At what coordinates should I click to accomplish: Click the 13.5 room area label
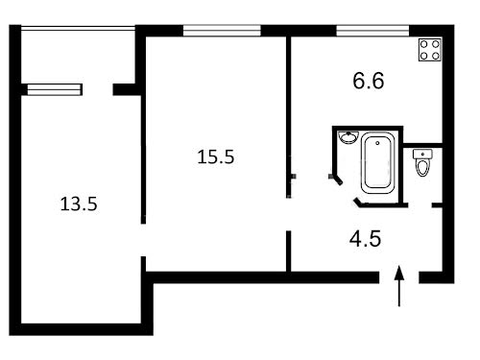pos(79,204)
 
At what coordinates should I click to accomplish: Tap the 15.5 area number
pos(216,156)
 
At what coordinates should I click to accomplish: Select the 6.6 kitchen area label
pos(369,81)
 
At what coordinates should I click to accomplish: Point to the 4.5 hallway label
pos(365,239)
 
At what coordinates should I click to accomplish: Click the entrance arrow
pos(399,286)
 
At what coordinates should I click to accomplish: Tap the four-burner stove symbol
pos(430,50)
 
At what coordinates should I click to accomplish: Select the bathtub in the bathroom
pos(377,163)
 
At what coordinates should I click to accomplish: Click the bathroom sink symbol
pos(348,137)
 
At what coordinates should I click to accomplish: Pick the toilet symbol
pos(422,162)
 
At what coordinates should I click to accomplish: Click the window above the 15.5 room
pos(222,31)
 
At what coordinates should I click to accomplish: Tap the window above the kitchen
pos(372,31)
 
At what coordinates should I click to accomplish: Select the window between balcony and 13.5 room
pos(55,89)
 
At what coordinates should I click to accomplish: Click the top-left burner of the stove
pos(424,44)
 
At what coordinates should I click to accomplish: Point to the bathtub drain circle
pos(377,143)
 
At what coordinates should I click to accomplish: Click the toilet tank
pos(422,154)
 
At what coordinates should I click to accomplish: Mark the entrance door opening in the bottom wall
pos(399,277)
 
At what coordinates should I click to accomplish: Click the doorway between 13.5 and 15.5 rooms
pos(143,240)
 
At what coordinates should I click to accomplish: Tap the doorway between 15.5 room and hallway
pos(288,214)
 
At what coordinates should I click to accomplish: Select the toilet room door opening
pos(420,205)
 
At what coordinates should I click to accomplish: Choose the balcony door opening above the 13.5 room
pos(98,89)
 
